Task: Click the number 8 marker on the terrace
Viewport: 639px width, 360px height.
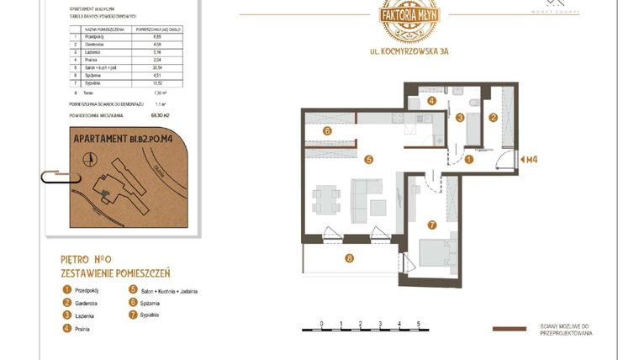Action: [350, 258]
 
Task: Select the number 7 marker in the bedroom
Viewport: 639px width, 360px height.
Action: [431, 225]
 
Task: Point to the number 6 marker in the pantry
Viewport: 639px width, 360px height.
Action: [328, 130]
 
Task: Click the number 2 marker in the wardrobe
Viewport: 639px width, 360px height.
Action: [494, 118]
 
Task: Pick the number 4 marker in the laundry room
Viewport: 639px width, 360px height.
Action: [431, 101]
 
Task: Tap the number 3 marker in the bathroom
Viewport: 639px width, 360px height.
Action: [460, 118]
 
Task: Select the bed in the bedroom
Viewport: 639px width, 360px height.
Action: [438, 253]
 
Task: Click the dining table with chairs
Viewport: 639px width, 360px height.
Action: [325, 201]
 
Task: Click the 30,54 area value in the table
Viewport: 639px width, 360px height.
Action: [156, 66]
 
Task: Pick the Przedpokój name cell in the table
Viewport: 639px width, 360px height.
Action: [99, 37]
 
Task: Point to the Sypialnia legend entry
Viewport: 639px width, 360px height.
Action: [159, 315]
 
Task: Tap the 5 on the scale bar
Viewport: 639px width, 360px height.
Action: [419, 323]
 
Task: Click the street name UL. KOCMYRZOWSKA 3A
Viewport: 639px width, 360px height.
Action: [409, 51]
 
